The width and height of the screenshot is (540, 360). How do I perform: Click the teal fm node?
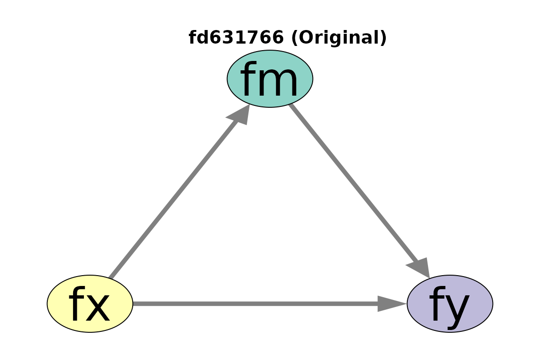(x=270, y=79)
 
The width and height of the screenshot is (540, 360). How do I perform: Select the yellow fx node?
(x=90, y=303)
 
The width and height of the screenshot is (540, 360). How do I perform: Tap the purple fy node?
(x=450, y=303)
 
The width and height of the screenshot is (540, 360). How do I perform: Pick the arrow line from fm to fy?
(x=360, y=191)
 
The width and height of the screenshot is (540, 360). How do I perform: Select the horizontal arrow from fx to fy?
(x=270, y=303)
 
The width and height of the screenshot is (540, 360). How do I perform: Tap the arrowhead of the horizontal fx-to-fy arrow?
(x=392, y=303)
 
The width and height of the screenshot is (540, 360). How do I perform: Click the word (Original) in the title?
(x=339, y=37)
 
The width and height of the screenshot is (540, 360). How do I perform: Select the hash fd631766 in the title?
(x=236, y=37)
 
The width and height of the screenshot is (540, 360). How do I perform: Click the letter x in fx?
(x=98, y=307)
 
